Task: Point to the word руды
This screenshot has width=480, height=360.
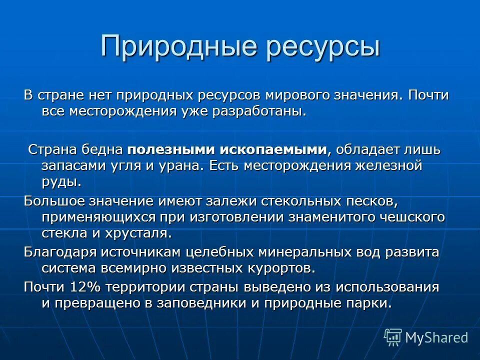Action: [x=60, y=182]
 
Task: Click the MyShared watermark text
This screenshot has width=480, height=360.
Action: [x=436, y=337]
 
